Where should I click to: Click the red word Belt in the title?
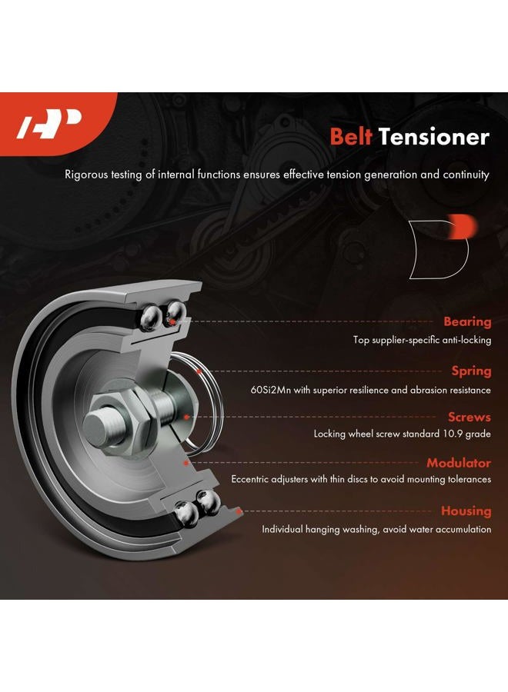(x=351, y=137)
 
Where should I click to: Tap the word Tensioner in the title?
(x=434, y=137)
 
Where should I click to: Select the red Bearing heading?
(x=467, y=321)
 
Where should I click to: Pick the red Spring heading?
(x=471, y=371)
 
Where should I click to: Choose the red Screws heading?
(x=469, y=417)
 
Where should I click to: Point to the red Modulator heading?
(x=459, y=463)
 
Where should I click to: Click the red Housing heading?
(x=466, y=511)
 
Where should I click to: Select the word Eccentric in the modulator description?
(x=249, y=479)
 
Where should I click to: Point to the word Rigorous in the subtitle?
(x=86, y=175)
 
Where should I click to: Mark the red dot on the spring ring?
(x=199, y=371)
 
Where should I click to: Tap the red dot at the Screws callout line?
(x=187, y=417)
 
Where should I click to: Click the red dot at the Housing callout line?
(x=239, y=511)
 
